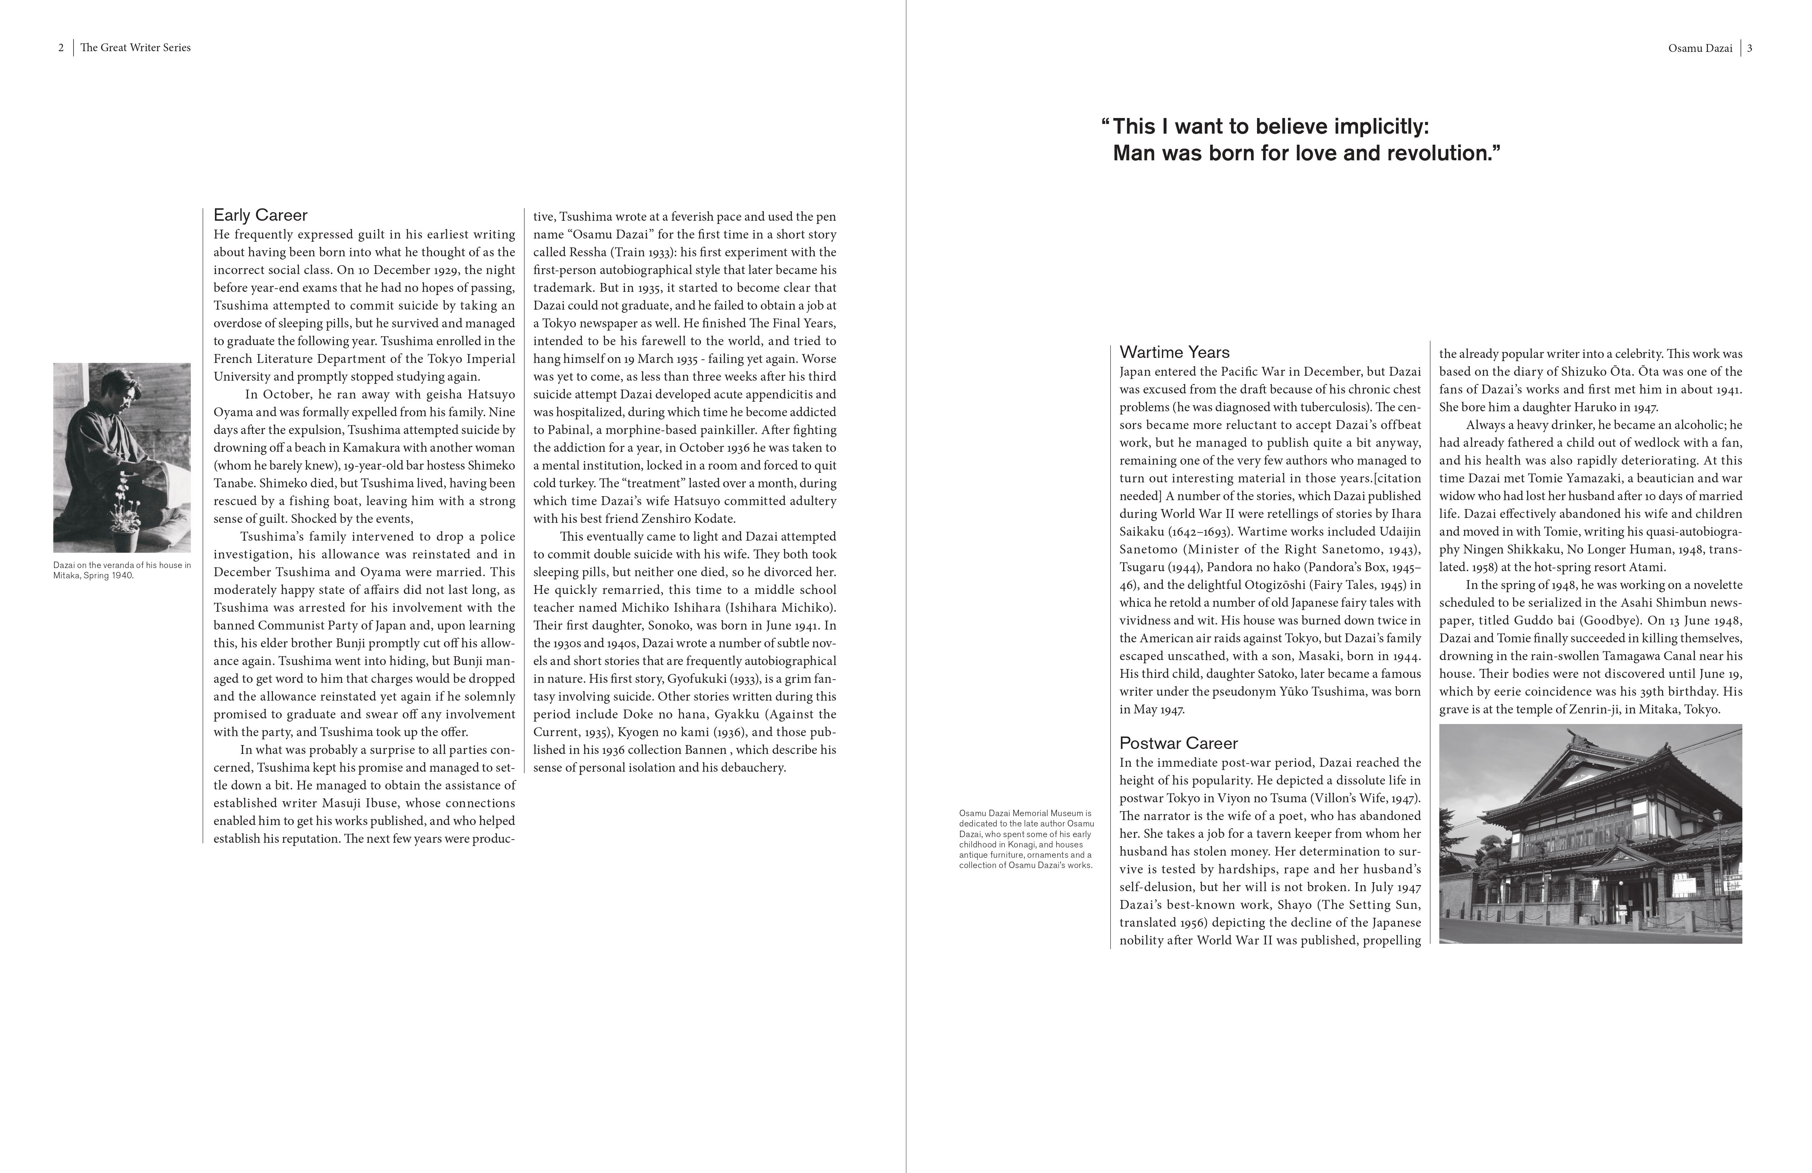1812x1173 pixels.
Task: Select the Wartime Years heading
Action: tap(1174, 352)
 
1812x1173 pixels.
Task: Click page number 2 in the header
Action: tap(61, 47)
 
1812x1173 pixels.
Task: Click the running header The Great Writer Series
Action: tap(135, 47)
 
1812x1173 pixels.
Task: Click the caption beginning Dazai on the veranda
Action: tap(122, 570)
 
